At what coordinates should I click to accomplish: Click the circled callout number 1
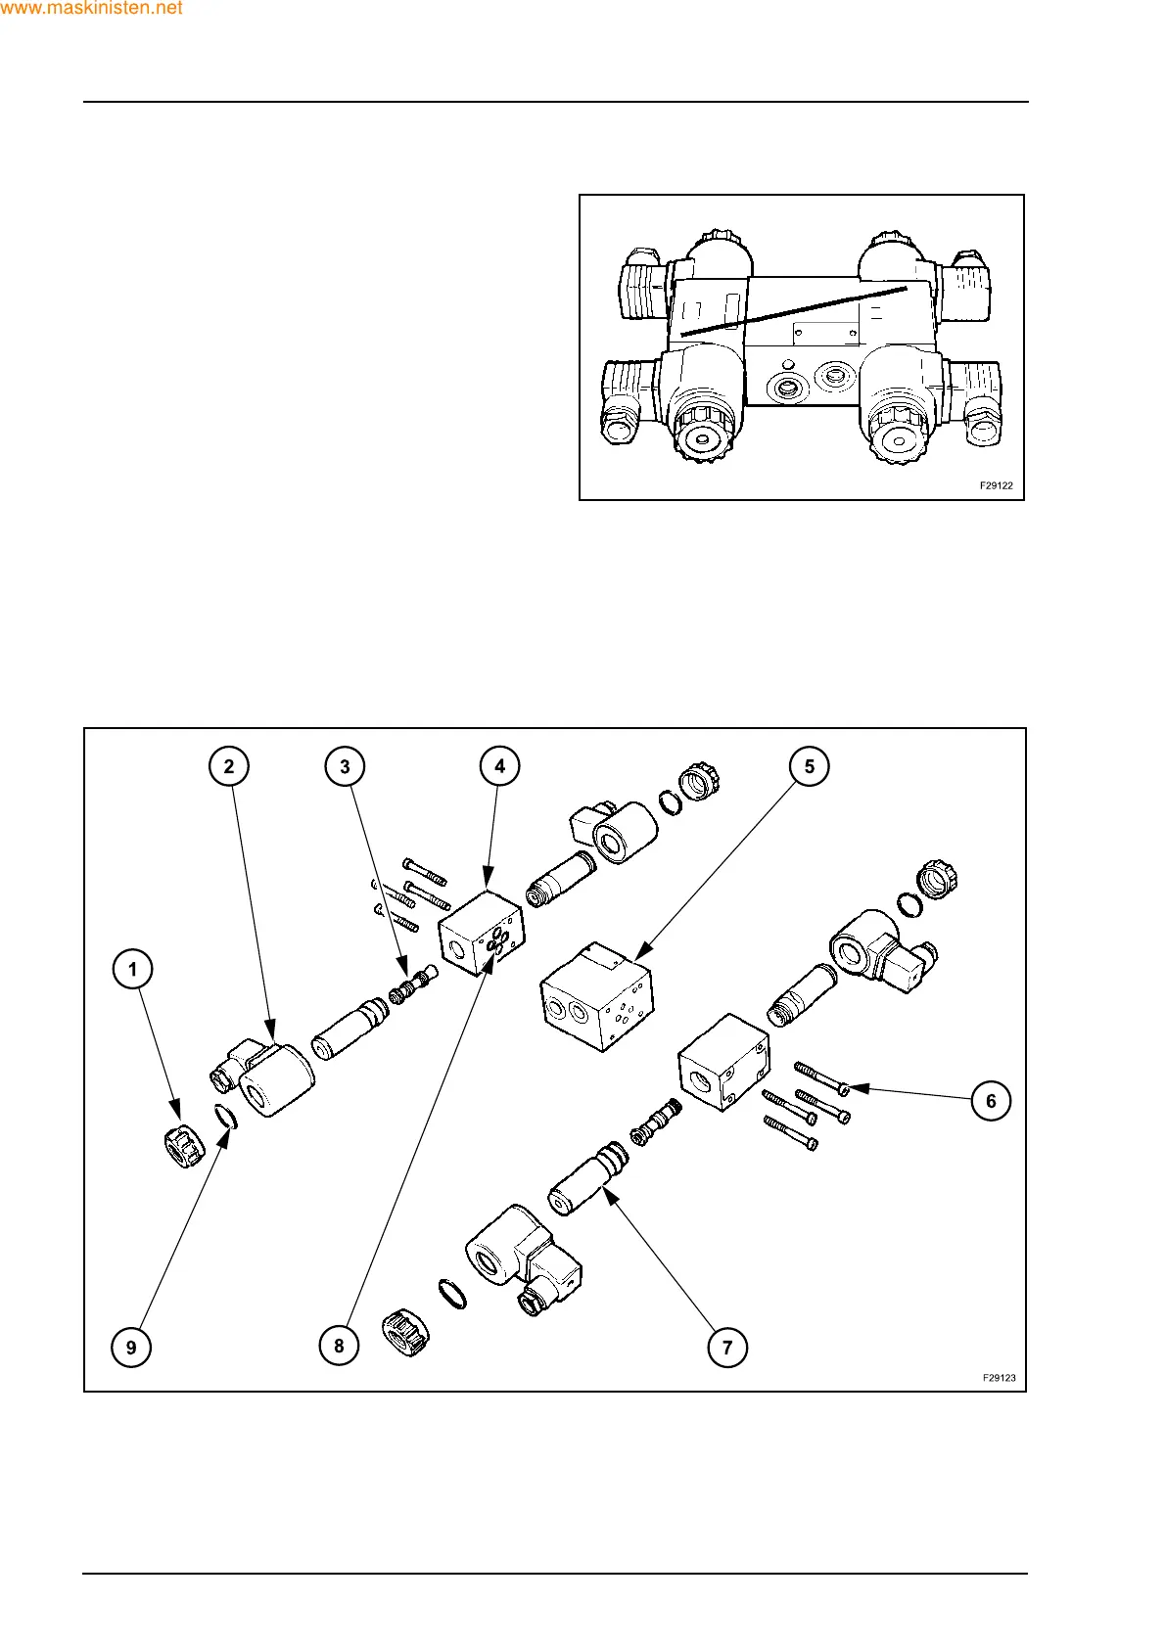(133, 970)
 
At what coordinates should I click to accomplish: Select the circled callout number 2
(229, 766)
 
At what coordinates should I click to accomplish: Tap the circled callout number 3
(345, 766)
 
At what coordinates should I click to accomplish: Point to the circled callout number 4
(500, 766)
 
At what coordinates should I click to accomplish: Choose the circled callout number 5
(810, 766)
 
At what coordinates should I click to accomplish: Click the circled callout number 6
(991, 1101)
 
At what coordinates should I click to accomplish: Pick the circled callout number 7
(727, 1348)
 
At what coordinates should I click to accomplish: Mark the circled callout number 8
(339, 1346)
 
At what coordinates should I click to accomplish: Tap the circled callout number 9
(131, 1348)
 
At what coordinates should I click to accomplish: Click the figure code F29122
(997, 485)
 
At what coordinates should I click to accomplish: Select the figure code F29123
(1000, 1378)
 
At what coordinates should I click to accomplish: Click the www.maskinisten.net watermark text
(92, 9)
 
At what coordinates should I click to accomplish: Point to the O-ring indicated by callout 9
(225, 1117)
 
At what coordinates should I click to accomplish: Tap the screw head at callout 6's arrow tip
(844, 1088)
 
